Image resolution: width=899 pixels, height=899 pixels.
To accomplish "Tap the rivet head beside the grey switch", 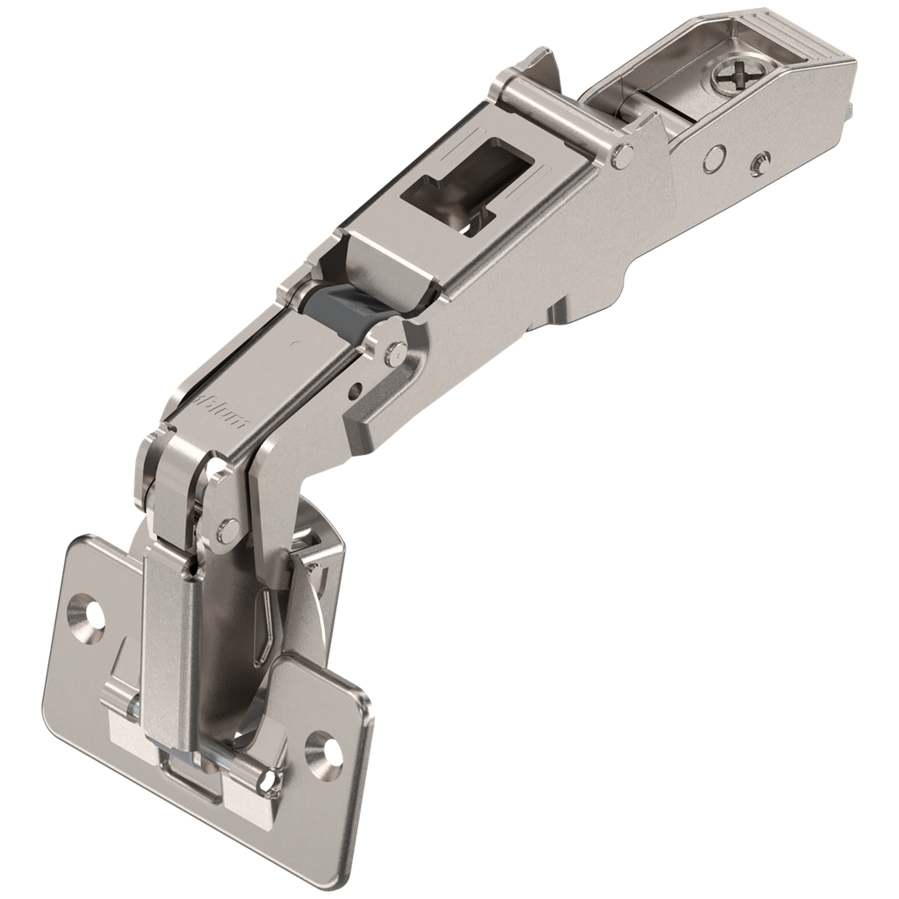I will coord(395,353).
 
